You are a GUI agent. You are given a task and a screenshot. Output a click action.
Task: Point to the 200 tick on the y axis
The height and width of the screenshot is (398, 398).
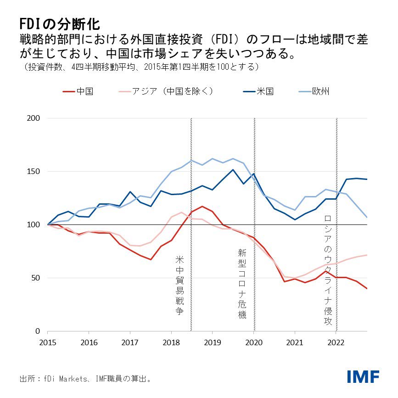[x=35, y=118]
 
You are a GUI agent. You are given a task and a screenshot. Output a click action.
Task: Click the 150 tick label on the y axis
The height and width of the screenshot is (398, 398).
[x=35, y=172]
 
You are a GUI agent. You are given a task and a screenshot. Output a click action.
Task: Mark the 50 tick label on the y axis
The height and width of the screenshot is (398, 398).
[x=37, y=278]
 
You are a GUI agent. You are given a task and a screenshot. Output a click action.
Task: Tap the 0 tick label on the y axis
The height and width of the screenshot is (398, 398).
[x=39, y=331]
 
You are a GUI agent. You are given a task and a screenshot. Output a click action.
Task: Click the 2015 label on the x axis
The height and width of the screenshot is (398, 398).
[x=48, y=342]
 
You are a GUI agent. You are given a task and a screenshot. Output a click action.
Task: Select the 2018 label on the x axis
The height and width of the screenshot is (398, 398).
[x=171, y=342]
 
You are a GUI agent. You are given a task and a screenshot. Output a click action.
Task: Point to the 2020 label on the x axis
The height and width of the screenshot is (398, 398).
[x=254, y=342]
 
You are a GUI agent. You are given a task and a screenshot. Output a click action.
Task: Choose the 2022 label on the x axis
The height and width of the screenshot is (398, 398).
[x=336, y=342]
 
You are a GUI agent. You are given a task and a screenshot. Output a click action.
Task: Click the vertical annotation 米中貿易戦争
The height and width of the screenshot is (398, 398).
[x=179, y=285]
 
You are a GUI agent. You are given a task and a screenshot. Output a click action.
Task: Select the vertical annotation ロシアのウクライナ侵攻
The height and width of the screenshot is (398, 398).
[x=327, y=270]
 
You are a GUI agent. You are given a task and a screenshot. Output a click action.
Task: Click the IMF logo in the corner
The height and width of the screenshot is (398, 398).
[x=363, y=377]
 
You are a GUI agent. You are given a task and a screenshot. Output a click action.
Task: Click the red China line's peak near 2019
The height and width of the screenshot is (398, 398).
[x=202, y=207]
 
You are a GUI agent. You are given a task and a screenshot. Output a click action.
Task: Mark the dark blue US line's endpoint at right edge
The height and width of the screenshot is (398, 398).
[x=367, y=179]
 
